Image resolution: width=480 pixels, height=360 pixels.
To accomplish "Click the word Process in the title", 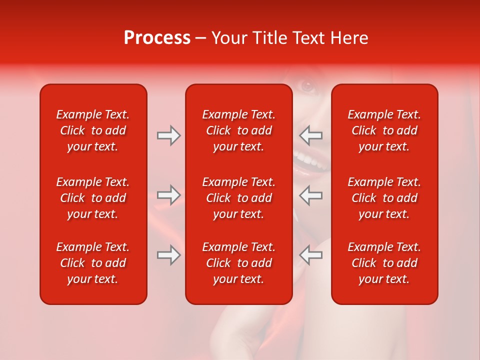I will pyautogui.click(x=157, y=38).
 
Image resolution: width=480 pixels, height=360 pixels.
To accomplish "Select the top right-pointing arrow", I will pyautogui.click(x=168, y=135).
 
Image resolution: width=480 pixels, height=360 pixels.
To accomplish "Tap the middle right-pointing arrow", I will pyautogui.click(x=168, y=195).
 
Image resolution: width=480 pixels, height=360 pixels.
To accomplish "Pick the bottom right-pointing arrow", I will pyautogui.click(x=168, y=255).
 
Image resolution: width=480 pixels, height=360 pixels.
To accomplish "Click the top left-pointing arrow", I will pyautogui.click(x=311, y=135).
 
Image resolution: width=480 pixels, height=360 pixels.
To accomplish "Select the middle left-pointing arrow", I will pyautogui.click(x=311, y=195).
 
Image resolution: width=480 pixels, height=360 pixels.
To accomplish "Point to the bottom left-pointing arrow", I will pyautogui.click(x=311, y=255).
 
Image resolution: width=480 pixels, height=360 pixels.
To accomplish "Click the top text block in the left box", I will pyautogui.click(x=93, y=130).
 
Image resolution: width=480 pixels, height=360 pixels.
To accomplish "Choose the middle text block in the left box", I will pyautogui.click(x=93, y=198).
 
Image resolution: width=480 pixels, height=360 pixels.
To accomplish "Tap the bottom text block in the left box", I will pyautogui.click(x=93, y=263).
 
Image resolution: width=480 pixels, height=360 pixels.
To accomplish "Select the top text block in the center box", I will pyautogui.click(x=238, y=130).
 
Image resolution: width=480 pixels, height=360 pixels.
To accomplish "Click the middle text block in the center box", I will pyautogui.click(x=238, y=198).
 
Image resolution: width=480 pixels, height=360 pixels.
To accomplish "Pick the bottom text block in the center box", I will pyautogui.click(x=238, y=263).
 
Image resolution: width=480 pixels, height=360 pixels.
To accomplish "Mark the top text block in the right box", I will pyautogui.click(x=384, y=130).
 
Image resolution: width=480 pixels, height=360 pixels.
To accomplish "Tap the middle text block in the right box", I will pyautogui.click(x=384, y=198).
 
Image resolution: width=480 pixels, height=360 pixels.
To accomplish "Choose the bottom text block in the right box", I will pyautogui.click(x=384, y=263).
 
